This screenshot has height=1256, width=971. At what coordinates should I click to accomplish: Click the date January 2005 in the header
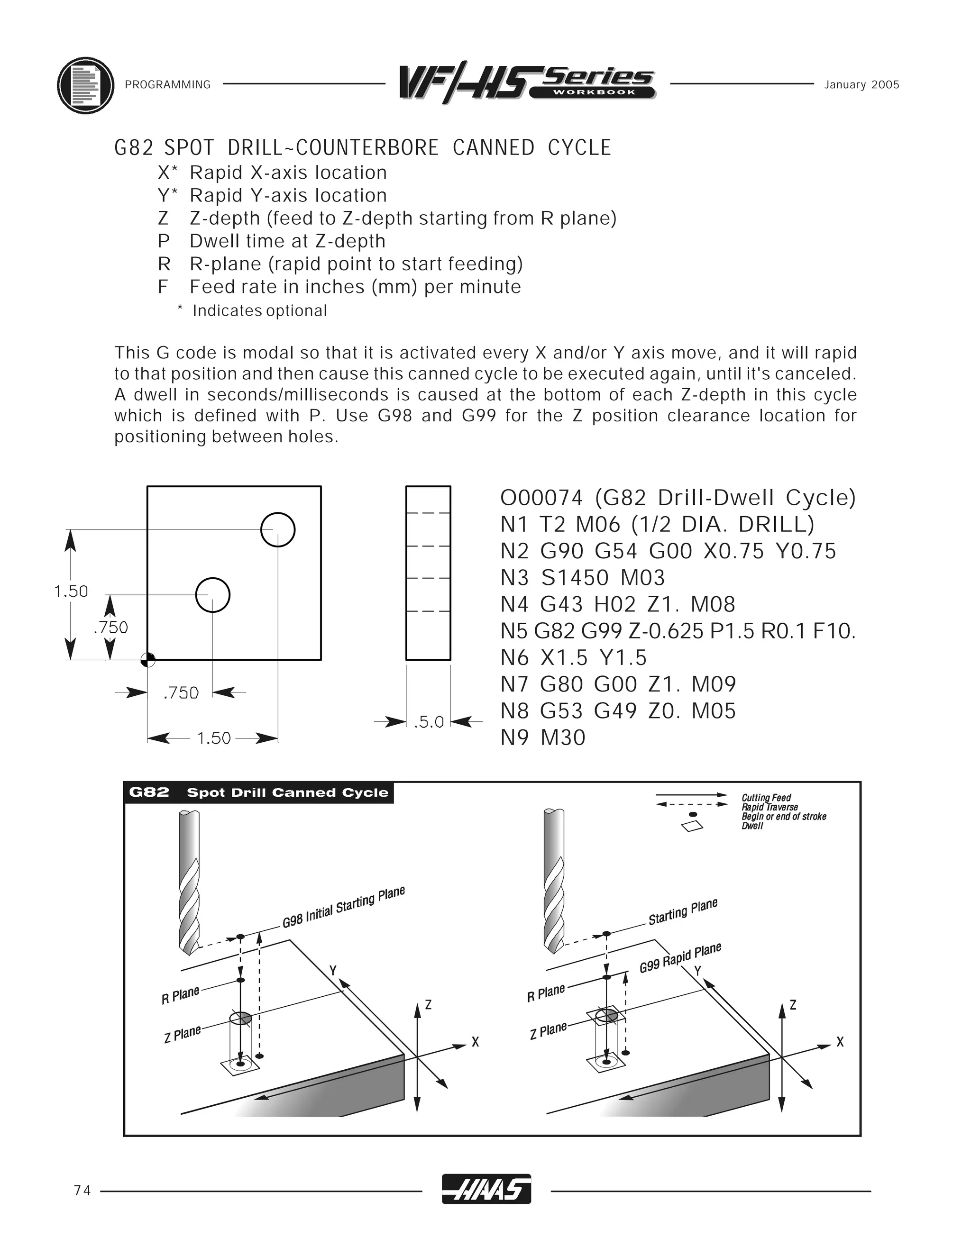[861, 85]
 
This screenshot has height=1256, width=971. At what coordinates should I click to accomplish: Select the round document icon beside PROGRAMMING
[85, 86]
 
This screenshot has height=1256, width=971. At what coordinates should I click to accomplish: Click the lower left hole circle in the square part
[213, 595]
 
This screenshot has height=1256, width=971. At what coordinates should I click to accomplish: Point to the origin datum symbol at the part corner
[148, 660]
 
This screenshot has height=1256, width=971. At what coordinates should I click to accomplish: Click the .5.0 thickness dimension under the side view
[429, 722]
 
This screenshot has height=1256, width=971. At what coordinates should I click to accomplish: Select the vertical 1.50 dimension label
[71, 591]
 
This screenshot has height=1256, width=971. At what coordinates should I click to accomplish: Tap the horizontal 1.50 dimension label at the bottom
[213, 738]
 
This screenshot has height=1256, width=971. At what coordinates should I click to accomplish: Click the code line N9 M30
[542, 738]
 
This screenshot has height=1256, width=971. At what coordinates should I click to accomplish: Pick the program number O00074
[541, 498]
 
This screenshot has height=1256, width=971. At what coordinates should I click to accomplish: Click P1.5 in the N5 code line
[732, 631]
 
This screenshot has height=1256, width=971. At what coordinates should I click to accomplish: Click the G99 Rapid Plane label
[680, 957]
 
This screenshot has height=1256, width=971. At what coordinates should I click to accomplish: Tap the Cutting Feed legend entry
[766, 798]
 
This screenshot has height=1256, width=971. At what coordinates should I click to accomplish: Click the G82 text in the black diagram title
[149, 792]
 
